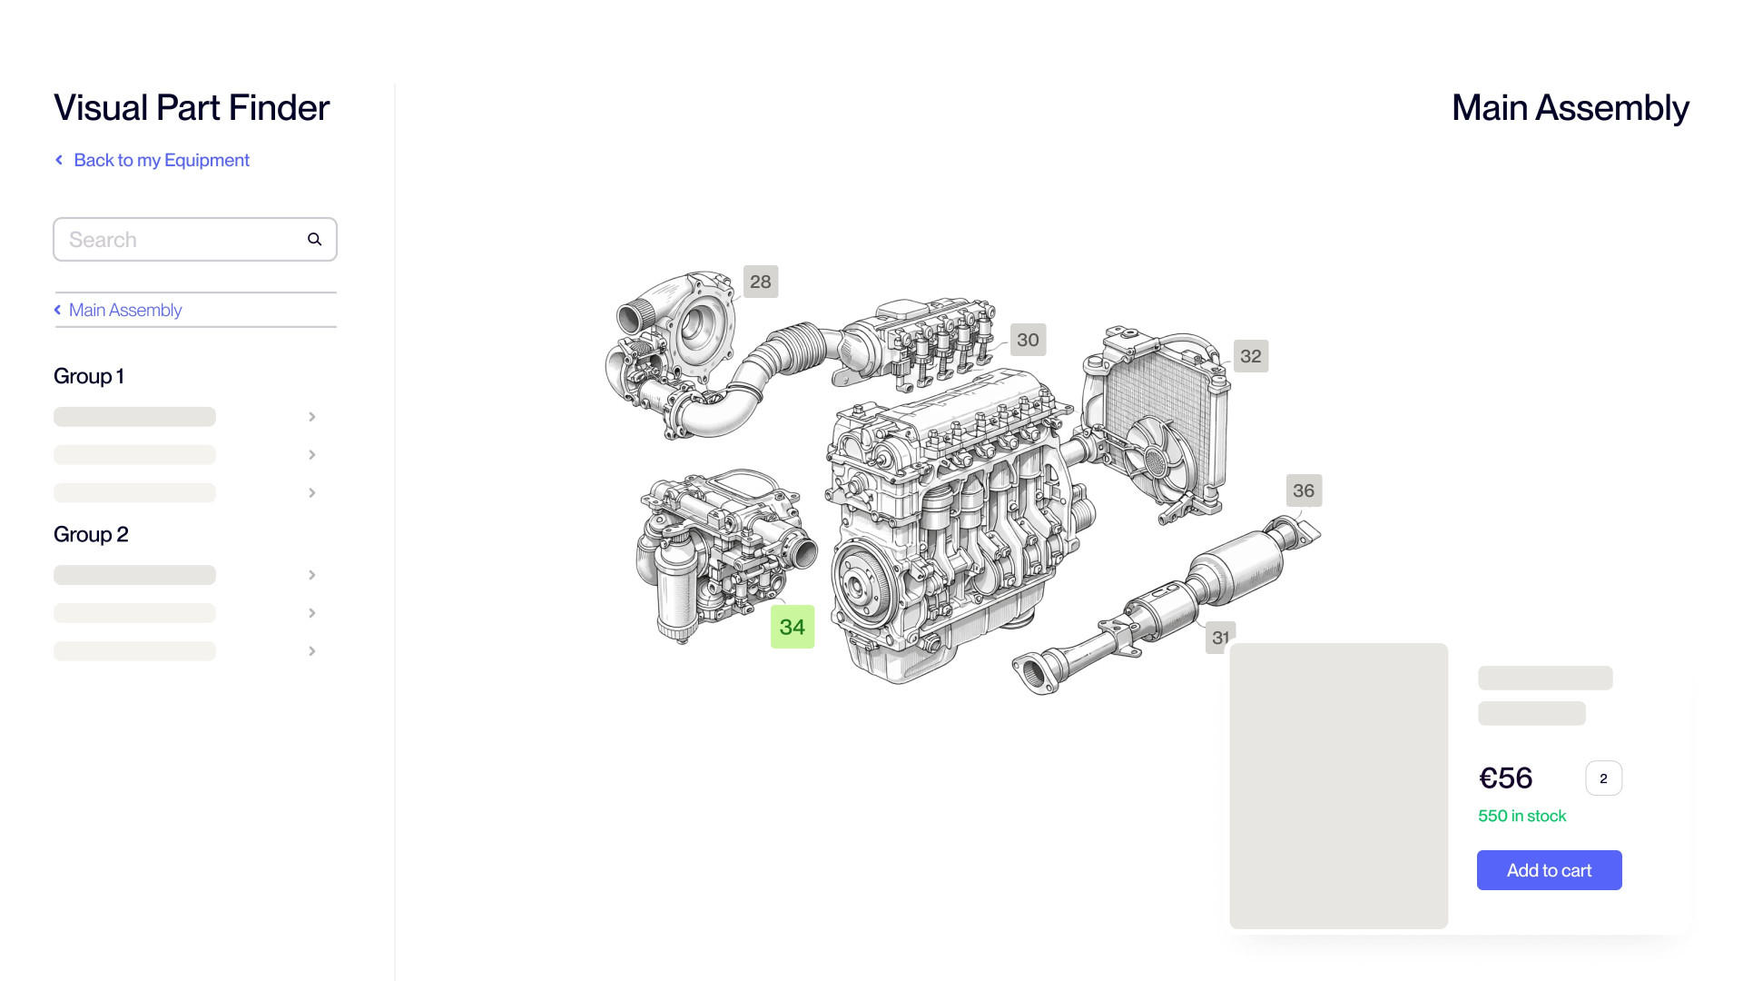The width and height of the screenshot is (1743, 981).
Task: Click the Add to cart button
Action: click(x=1549, y=870)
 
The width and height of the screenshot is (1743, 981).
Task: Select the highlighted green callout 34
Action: click(x=792, y=627)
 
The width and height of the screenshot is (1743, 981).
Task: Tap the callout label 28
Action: click(x=761, y=282)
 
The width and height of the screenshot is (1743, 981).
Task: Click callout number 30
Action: click(x=1028, y=340)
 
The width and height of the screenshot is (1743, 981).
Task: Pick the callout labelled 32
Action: click(x=1250, y=356)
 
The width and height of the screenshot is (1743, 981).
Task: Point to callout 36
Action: click(x=1304, y=490)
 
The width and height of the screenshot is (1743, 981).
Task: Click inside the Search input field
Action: click(x=182, y=240)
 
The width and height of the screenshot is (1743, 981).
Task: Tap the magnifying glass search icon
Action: click(x=314, y=240)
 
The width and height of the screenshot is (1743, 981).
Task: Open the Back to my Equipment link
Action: click(x=161, y=160)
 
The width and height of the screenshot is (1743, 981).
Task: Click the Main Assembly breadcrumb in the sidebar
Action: click(x=125, y=310)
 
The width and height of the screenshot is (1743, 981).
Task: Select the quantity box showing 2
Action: click(x=1603, y=778)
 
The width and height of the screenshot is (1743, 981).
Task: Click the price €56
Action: click(x=1505, y=778)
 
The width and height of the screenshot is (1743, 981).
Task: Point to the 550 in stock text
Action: click(x=1521, y=816)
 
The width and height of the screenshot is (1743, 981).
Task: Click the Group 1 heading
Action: click(x=89, y=376)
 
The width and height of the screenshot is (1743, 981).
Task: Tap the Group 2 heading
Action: click(x=91, y=534)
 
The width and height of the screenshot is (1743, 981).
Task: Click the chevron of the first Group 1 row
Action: click(x=311, y=417)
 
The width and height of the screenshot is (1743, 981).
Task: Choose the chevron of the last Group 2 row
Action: click(x=311, y=651)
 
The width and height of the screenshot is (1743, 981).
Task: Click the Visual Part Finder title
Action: click(x=192, y=107)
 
